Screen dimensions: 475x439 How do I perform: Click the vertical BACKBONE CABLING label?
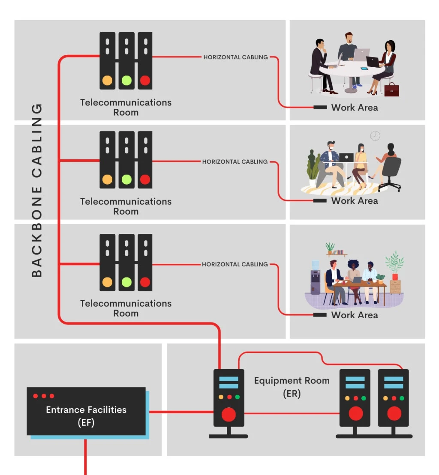[38, 190]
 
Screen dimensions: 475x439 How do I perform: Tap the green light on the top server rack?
[126, 80]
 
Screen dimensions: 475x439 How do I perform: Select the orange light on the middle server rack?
[107, 179]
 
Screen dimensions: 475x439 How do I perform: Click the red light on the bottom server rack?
[145, 282]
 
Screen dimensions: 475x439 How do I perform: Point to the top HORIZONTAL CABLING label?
[235, 57]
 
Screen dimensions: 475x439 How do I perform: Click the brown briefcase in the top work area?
[391, 90]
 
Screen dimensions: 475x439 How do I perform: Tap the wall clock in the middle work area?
[375, 136]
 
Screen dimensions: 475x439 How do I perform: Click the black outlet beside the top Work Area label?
[320, 107]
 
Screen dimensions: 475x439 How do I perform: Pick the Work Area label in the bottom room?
[355, 315]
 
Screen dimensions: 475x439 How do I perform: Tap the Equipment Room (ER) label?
[292, 387]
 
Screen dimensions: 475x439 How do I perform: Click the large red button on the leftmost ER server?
[229, 414]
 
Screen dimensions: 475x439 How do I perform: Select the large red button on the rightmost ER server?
[394, 414]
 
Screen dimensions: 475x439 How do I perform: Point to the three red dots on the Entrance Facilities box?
[43, 396]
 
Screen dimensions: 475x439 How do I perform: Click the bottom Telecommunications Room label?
[126, 308]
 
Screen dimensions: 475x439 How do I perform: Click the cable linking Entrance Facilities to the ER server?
[180, 412]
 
